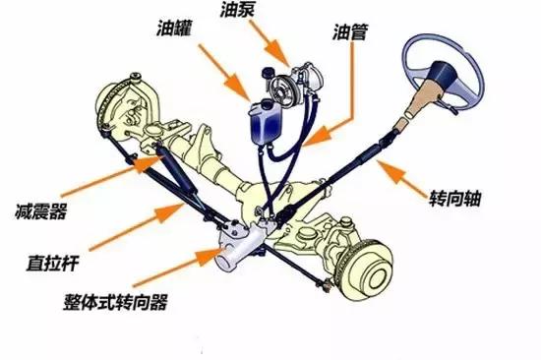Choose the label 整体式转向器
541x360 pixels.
[x=111, y=298]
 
